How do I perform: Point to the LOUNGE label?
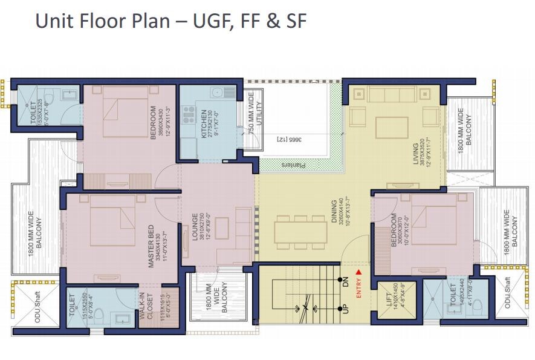[195, 227]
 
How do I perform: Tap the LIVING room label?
[415, 154]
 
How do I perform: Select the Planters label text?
[294, 163]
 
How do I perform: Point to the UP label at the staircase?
[346, 309]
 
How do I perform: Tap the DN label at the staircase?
[346, 281]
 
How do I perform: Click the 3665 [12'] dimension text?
[290, 140]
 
